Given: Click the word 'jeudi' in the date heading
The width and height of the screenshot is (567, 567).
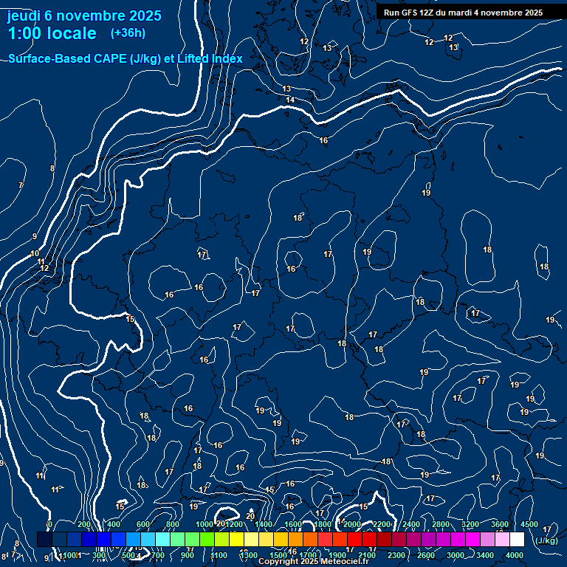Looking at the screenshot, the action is pos(24,16).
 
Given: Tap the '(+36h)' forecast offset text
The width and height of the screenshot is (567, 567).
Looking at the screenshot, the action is pos(128,33).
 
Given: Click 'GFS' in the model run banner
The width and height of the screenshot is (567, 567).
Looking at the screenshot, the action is pos(415,13).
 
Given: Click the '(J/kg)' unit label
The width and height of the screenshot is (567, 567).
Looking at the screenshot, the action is pos(546,541).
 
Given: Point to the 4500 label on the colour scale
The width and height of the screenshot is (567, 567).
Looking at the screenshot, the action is pos(529,524).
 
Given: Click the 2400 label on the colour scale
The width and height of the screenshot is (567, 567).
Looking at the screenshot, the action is pos(411,524).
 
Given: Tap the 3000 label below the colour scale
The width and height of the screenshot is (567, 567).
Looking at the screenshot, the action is pos(456,555).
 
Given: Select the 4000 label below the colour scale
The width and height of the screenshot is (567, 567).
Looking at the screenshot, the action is pos(515,555).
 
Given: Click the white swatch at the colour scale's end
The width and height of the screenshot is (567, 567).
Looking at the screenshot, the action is pos(517,540).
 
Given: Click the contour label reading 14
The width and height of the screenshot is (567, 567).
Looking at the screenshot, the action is pos(291,100).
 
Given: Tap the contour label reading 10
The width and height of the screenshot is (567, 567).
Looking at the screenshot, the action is pos(35,254).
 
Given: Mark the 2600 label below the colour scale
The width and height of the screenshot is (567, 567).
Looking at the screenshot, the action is pos(426,555).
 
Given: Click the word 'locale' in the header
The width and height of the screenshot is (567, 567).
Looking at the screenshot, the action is pos(73,33).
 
